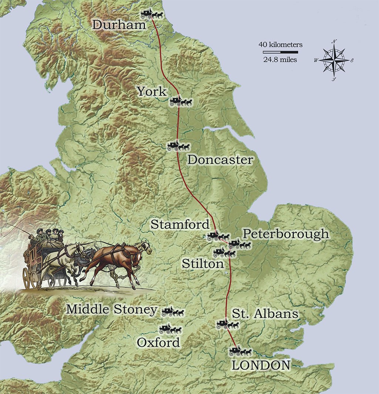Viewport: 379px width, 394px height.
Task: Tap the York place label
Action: coord(152,91)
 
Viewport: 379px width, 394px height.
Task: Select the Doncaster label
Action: coord(220,160)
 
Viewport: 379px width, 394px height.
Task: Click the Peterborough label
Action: coord(285,234)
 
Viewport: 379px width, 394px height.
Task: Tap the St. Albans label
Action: coord(265,314)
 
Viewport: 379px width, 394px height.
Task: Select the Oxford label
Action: coord(158,343)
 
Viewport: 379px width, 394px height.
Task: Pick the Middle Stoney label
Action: coord(112,310)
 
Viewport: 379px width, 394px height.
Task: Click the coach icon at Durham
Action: coord(152,14)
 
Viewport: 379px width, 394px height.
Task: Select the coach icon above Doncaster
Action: coord(178,146)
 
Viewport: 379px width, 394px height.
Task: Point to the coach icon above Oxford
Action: coord(170,328)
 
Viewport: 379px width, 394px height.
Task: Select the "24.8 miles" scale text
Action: coord(281,59)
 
